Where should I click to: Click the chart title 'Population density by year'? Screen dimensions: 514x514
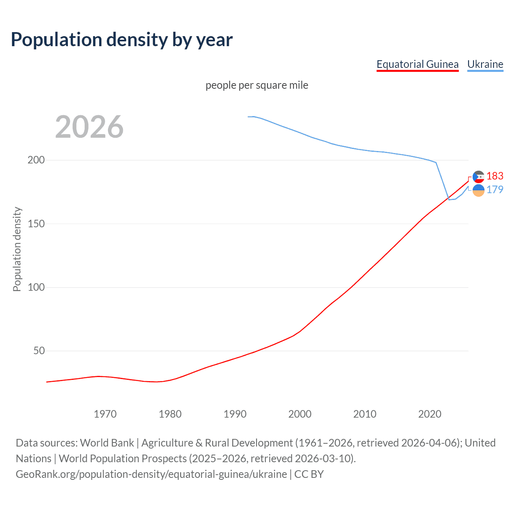pyautogui.click(x=122, y=40)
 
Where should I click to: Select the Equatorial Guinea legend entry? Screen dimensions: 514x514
pyautogui.click(x=417, y=64)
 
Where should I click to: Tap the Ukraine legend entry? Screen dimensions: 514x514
pyautogui.click(x=485, y=64)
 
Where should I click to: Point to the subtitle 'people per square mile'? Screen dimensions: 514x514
pyautogui.click(x=257, y=85)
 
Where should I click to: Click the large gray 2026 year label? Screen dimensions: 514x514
pyautogui.click(x=89, y=127)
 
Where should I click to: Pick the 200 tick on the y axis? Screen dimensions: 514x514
pyautogui.click(x=36, y=160)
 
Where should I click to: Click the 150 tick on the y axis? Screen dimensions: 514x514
pyautogui.click(x=36, y=224)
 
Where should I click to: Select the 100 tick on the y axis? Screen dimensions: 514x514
pyautogui.click(x=36, y=287)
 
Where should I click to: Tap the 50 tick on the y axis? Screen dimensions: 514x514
pyautogui.click(x=39, y=351)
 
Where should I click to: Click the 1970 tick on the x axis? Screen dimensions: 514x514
pyautogui.click(x=105, y=414)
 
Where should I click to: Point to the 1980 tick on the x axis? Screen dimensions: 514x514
pyautogui.click(x=170, y=414)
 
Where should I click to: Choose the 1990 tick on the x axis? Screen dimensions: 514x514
pyautogui.click(x=235, y=414)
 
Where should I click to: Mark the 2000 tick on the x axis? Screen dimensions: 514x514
pyautogui.click(x=300, y=414)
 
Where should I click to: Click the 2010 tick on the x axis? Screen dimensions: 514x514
pyautogui.click(x=365, y=414)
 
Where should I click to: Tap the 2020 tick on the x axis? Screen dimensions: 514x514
pyautogui.click(x=430, y=414)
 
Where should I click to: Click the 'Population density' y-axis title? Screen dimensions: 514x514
pyautogui.click(x=17, y=249)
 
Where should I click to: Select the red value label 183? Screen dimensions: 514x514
pyautogui.click(x=495, y=176)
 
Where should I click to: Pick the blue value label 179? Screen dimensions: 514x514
pyautogui.click(x=495, y=190)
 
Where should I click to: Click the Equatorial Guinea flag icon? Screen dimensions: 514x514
pyautogui.click(x=478, y=177)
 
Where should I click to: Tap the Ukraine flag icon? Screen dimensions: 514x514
pyautogui.click(x=478, y=190)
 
